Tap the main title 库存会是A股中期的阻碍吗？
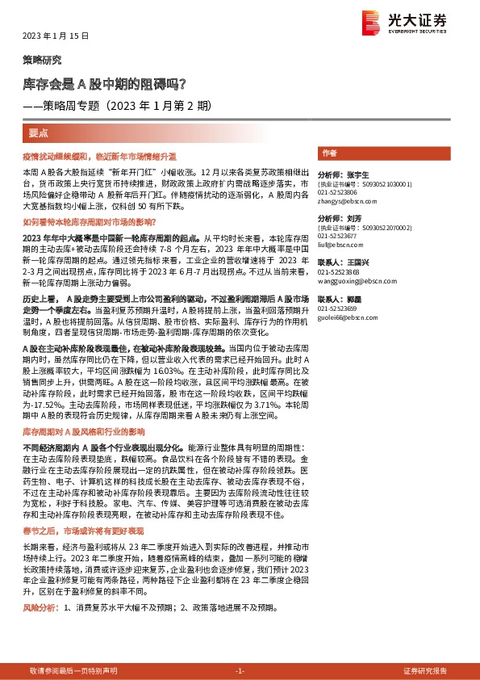pos(104,83)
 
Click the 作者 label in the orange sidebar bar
pos(329,153)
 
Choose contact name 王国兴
pos(355,263)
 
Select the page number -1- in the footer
pos(239,671)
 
